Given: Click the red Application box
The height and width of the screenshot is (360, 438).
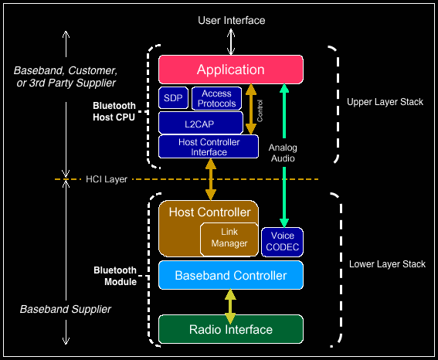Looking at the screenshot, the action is [231, 70].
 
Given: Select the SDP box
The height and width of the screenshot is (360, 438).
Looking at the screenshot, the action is [173, 98].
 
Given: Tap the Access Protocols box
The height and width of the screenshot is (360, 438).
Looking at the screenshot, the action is [217, 98].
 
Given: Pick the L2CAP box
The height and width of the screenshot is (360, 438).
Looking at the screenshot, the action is [201, 123].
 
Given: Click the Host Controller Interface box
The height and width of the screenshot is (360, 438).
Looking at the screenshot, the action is [209, 147].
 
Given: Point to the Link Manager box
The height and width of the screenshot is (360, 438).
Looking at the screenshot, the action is [229, 239].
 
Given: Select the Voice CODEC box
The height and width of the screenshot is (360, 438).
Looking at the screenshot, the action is [282, 242].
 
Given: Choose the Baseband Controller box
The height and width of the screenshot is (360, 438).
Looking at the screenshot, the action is [231, 275].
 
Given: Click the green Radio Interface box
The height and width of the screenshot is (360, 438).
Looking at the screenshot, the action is [231, 329].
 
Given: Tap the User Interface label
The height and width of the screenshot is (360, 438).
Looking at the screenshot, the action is [232, 20].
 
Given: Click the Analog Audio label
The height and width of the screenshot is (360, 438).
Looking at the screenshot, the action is [283, 153].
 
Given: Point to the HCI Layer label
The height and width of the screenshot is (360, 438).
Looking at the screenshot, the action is [107, 179].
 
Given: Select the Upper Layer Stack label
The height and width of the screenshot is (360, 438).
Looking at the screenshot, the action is [385, 102].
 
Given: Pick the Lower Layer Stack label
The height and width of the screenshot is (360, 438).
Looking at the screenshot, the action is [387, 264].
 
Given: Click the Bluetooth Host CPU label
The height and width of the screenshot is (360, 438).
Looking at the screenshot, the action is [114, 111].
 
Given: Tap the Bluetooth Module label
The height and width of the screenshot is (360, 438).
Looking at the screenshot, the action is [115, 276].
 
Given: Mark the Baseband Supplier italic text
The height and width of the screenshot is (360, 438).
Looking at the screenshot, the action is [66, 309].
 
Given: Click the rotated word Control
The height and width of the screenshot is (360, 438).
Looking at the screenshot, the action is [260, 111].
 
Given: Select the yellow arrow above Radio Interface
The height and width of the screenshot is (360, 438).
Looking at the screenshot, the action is [230, 307].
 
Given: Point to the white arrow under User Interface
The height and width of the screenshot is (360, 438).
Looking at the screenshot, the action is [231, 42].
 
